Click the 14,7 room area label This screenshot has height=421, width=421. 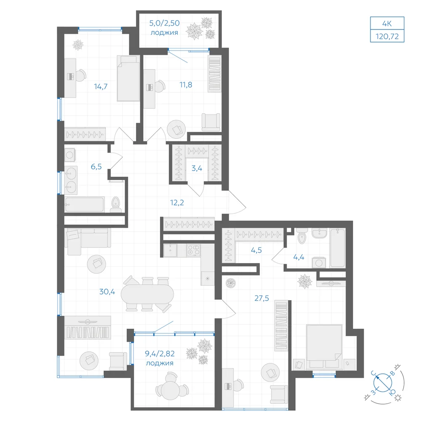[x=101, y=86]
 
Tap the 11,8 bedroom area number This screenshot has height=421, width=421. [x=186, y=85]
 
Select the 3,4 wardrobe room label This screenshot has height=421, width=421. [x=197, y=168]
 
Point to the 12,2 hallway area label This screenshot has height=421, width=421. [x=177, y=203]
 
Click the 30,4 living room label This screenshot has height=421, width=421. [x=107, y=291]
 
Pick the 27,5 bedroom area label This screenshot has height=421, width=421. [x=261, y=298]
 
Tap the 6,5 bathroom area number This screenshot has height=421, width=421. [x=96, y=166]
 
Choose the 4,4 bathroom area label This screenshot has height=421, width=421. [x=298, y=257]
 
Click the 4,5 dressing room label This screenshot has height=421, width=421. [x=256, y=250]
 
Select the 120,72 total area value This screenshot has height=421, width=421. [x=387, y=36]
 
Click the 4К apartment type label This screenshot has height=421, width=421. [x=387, y=24]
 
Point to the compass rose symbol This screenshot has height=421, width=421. [x=383, y=382]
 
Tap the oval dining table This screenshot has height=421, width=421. [x=147, y=294]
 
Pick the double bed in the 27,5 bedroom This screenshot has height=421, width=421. [x=324, y=346]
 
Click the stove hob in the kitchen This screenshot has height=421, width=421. [x=193, y=250]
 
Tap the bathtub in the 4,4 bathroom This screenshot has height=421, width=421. [x=338, y=248]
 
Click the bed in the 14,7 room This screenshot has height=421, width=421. [x=128, y=78]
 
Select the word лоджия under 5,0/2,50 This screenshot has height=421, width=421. [x=164, y=33]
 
